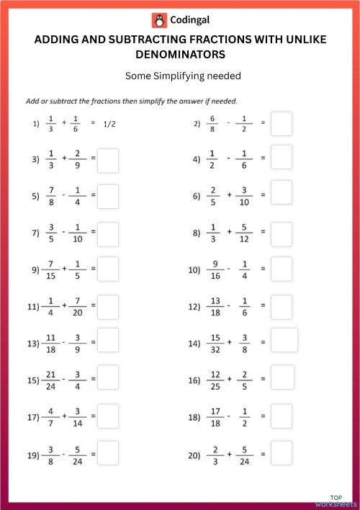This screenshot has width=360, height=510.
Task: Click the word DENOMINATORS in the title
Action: [180, 54]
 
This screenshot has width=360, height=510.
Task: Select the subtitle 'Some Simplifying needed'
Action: [180, 75]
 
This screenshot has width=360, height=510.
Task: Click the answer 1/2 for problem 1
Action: [109, 124]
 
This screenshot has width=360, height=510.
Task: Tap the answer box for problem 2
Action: [282, 123]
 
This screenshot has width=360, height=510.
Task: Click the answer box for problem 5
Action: [108, 196]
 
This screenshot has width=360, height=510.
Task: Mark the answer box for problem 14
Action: [284, 340]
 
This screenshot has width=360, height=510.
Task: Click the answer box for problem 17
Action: [108, 416]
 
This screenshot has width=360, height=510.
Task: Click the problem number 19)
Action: [33, 455]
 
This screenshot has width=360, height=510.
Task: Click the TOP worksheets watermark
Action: [336, 501]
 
